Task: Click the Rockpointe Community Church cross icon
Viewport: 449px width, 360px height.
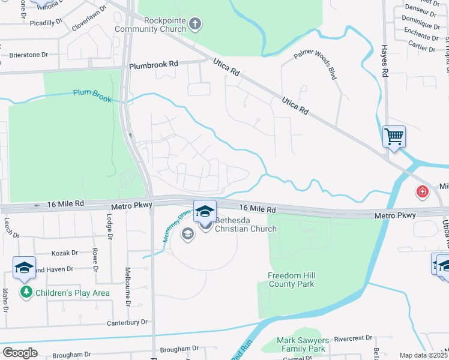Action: click(x=194, y=25)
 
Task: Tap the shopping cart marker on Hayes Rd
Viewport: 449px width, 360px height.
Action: click(x=394, y=137)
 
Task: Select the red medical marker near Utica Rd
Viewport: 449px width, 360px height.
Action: click(x=423, y=192)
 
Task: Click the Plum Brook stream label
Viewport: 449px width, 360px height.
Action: click(x=92, y=95)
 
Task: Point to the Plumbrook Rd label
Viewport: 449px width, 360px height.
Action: click(x=154, y=64)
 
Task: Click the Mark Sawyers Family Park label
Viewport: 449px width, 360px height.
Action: click(x=301, y=344)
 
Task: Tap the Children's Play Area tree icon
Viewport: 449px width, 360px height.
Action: click(x=26, y=292)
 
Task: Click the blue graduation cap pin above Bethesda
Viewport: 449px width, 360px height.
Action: click(x=205, y=211)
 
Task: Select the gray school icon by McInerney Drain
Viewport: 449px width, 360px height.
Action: click(x=188, y=233)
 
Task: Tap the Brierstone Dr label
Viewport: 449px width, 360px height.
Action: click(x=28, y=55)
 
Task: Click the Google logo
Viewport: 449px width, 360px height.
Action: click(x=20, y=353)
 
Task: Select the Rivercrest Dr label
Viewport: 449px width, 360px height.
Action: click(x=353, y=338)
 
